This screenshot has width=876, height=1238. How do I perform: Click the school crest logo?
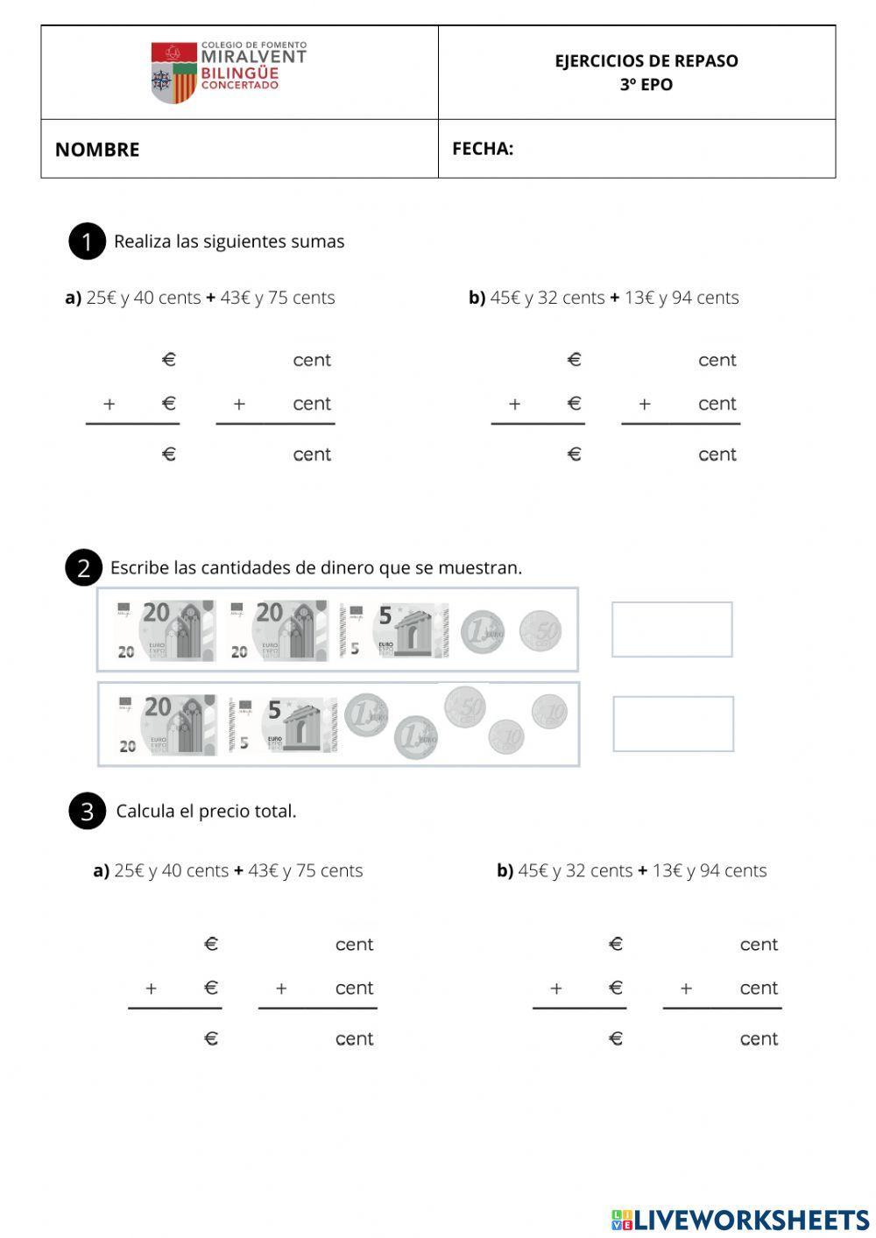point(173,73)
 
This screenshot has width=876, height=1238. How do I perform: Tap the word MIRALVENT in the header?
point(253,57)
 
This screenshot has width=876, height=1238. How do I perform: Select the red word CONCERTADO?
point(240,85)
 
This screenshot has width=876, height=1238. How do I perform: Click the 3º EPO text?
point(646,85)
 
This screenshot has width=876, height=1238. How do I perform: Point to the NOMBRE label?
point(97,150)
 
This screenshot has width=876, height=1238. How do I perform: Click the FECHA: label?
point(483,149)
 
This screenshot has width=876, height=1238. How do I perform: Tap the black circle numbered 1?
point(87,242)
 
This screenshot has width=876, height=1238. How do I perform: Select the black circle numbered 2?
point(83,568)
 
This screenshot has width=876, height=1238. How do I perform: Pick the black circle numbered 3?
point(87,812)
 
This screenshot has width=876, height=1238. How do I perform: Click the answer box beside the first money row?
point(672,630)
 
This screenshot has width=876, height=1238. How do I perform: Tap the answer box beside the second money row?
point(673,724)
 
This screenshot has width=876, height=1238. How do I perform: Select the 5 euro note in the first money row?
point(394,630)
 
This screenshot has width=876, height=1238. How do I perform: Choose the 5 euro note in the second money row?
point(284,724)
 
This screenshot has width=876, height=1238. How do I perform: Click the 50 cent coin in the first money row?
point(540,631)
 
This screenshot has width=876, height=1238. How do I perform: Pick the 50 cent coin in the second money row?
point(465,707)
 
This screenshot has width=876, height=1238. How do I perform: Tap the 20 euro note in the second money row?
point(166,724)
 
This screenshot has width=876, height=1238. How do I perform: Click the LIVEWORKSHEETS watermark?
point(740,1220)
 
